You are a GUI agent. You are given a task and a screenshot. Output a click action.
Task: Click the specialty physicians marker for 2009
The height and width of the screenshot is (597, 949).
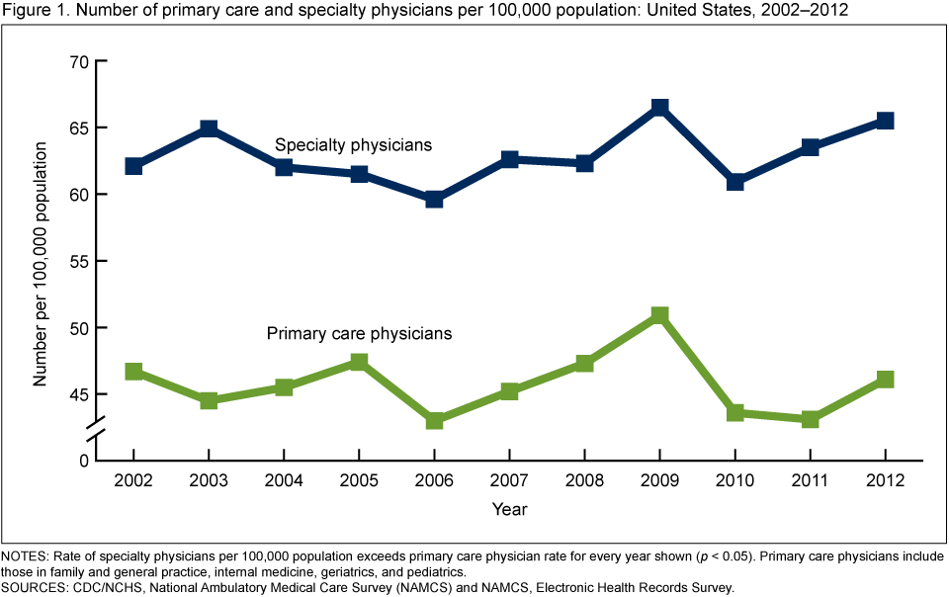point(659,107)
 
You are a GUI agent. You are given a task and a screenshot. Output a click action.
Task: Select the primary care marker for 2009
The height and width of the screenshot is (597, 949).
point(659,315)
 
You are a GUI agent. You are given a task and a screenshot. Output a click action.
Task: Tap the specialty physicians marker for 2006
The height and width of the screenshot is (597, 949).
point(434,199)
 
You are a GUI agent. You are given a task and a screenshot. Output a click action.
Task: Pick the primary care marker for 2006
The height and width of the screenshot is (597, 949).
point(434,420)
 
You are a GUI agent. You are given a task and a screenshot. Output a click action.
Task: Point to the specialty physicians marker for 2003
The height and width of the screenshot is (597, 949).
point(209,128)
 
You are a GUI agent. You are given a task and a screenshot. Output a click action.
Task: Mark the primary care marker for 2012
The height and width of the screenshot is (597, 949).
point(885,379)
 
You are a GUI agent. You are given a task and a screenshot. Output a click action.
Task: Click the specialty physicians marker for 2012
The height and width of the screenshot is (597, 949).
point(885,121)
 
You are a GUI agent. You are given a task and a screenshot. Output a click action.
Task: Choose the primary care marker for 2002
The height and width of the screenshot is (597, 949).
point(133,371)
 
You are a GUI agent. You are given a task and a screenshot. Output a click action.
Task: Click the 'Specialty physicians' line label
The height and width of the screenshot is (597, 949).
point(353,145)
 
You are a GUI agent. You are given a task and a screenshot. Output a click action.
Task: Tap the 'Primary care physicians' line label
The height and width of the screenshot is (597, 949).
point(359,333)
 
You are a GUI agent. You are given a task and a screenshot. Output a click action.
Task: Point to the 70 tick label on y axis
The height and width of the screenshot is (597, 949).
point(79,61)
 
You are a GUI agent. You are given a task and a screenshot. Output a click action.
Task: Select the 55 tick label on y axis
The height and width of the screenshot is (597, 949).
point(79,261)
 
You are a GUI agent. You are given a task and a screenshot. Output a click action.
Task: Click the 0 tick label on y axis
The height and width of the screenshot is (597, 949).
point(84,461)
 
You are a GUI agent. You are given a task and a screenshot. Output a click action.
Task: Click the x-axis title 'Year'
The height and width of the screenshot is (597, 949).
point(510,510)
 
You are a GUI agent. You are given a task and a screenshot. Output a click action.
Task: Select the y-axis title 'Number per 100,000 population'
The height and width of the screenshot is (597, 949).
point(41,264)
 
